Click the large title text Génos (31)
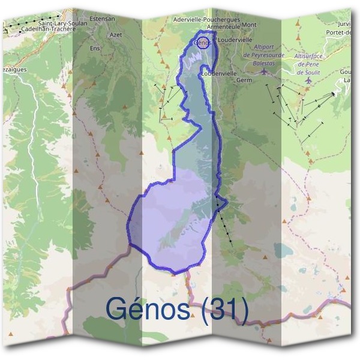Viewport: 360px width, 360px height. click(x=177, y=309)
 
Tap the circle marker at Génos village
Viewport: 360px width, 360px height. click(x=202, y=43)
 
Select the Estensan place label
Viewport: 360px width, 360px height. click(x=101, y=19)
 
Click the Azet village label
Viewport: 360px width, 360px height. click(x=116, y=35)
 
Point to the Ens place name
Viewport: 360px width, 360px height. click(x=94, y=47)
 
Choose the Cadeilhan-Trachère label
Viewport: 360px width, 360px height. click(x=47, y=28)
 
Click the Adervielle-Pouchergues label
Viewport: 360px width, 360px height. click(x=214, y=19)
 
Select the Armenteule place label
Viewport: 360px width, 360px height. click(x=223, y=26)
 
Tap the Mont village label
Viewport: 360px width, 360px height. click(x=250, y=25)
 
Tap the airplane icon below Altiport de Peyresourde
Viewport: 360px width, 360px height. click(x=265, y=71)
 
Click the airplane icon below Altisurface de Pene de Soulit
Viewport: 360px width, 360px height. click(x=308, y=79)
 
